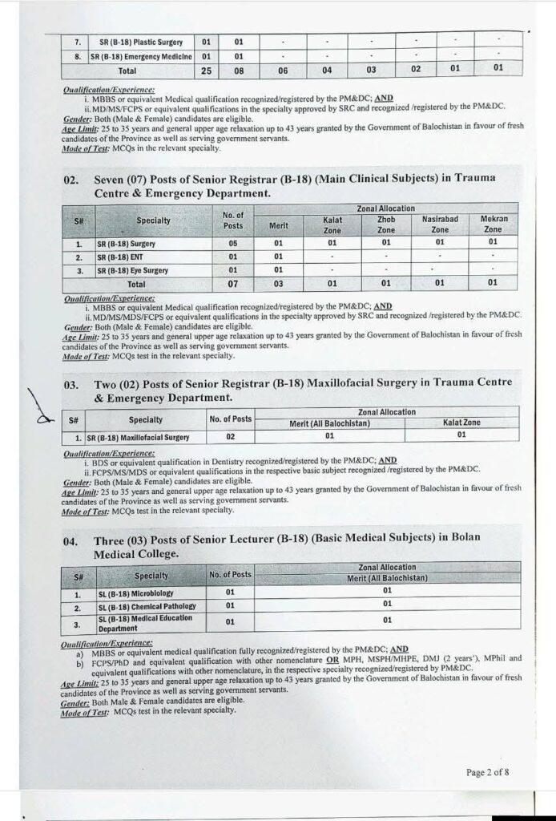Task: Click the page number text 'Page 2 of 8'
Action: pyautogui.click(x=487, y=773)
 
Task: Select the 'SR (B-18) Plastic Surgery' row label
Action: pyautogui.click(x=141, y=42)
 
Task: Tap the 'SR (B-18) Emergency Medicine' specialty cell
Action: pyautogui.click(x=141, y=56)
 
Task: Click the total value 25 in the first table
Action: pyautogui.click(x=206, y=70)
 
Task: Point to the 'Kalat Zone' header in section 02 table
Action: pyautogui.click(x=332, y=224)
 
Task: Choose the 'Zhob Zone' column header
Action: pyautogui.click(x=386, y=224)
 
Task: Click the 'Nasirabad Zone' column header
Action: pyautogui.click(x=440, y=224)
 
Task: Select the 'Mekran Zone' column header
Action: pyautogui.click(x=494, y=224)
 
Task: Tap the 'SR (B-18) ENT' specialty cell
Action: pyautogui.click(x=120, y=257)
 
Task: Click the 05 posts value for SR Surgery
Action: pyautogui.click(x=233, y=243)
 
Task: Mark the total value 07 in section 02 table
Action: pyautogui.click(x=233, y=283)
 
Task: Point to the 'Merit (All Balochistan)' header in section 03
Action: pyautogui.click(x=329, y=423)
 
